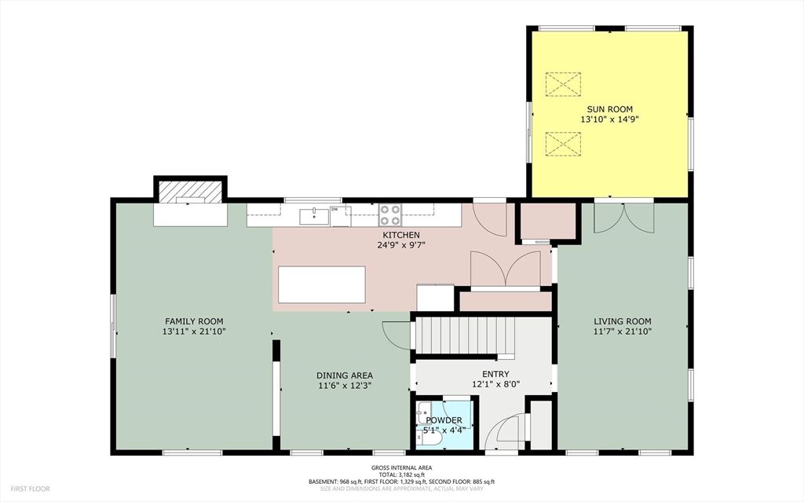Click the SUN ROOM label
tap(609, 109)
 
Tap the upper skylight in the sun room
tap(563, 84)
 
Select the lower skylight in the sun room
tap(563, 144)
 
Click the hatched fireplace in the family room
tap(190, 191)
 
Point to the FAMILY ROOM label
tap(194, 321)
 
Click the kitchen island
tap(322, 284)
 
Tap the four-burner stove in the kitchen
tap(391, 214)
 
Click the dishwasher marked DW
tap(339, 214)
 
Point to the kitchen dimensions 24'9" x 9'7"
tap(400, 245)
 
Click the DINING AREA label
tap(345, 376)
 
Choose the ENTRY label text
tap(495, 374)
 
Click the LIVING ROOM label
tap(622, 321)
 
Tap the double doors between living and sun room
tap(623, 218)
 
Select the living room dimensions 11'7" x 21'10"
tap(622, 332)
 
